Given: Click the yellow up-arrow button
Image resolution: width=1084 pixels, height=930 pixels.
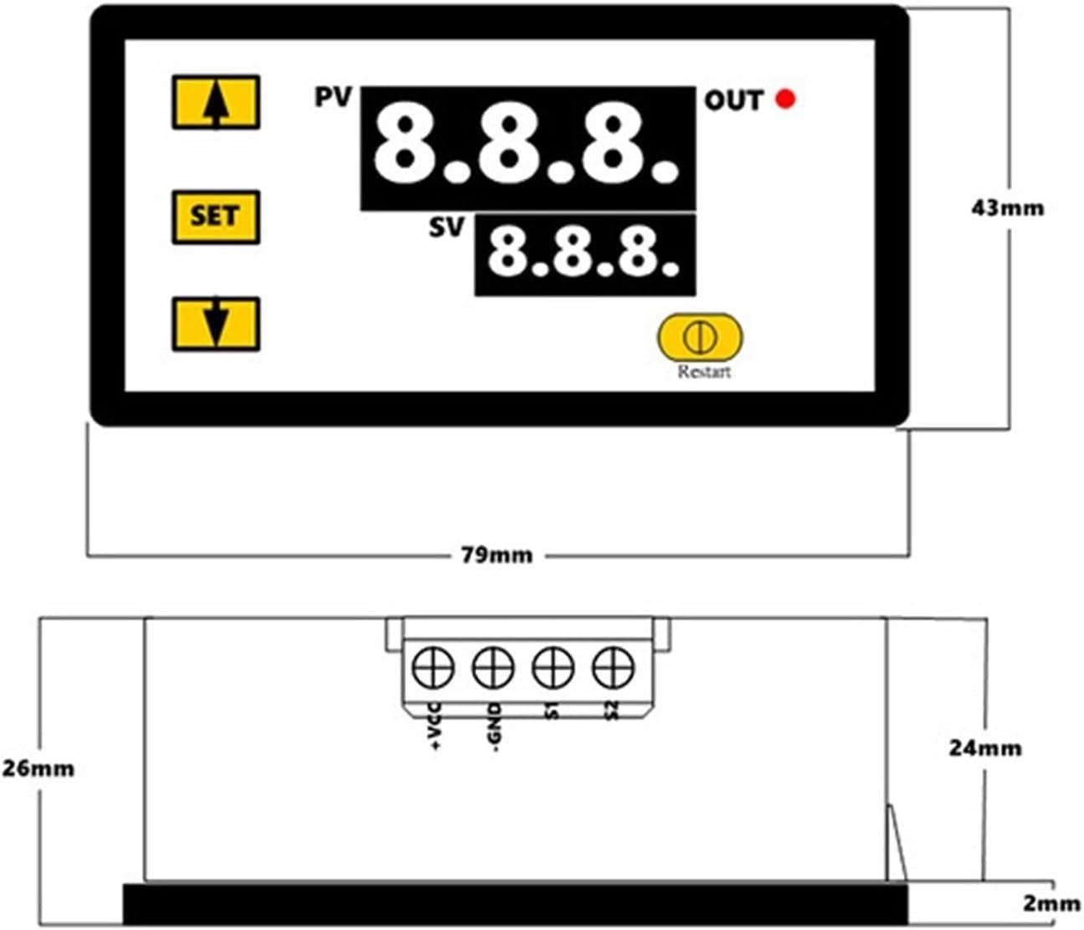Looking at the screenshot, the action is (x=216, y=102).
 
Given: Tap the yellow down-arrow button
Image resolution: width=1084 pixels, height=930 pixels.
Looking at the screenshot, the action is (x=216, y=324).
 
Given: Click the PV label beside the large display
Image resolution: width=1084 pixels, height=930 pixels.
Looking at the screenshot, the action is (x=333, y=97).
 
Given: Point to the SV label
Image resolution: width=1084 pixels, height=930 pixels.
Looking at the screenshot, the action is (x=447, y=227).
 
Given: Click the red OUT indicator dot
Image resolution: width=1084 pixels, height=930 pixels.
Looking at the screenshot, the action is (x=786, y=99).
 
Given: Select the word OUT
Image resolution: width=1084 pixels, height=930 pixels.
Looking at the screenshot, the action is (x=733, y=100).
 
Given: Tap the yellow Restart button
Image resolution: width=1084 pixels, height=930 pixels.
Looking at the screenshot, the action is (x=700, y=337).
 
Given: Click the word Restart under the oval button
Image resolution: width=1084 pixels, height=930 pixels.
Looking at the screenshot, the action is (x=704, y=372).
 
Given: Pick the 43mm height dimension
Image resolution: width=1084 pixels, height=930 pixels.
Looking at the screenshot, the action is (x=1008, y=208).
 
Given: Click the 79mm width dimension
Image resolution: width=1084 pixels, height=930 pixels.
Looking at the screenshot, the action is (x=496, y=555).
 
